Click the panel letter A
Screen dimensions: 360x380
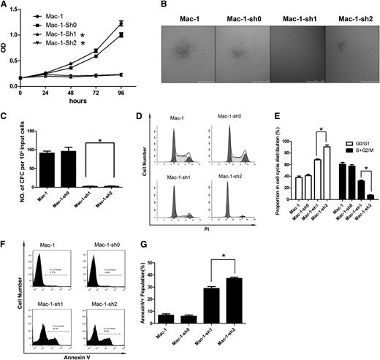6,6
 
